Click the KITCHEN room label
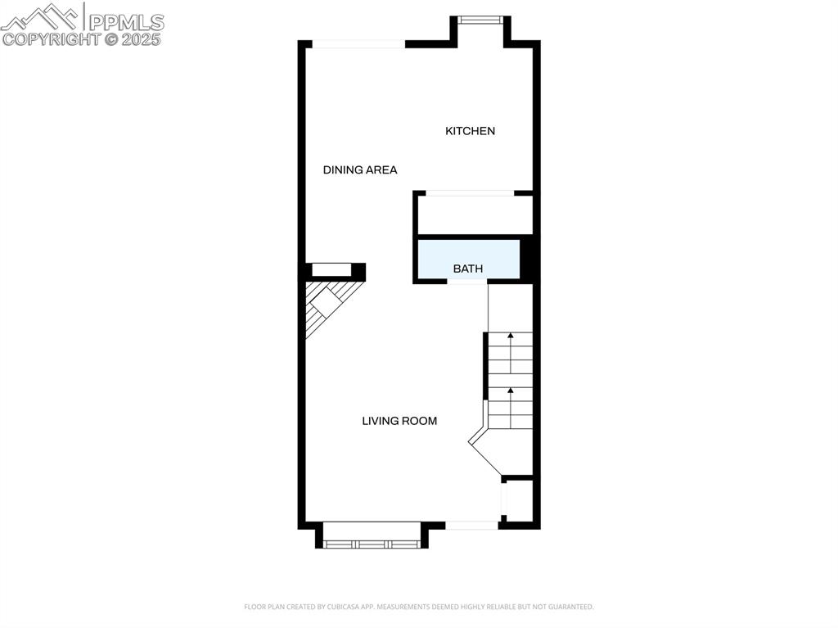(x=470, y=131)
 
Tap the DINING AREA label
(x=360, y=170)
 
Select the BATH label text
(x=468, y=269)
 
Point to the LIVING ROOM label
(x=399, y=421)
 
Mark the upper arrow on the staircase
(x=510, y=336)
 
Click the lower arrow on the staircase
(x=510, y=391)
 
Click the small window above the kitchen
(x=483, y=20)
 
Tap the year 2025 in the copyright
(x=142, y=38)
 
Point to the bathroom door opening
(x=466, y=282)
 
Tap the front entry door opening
(x=472, y=525)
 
